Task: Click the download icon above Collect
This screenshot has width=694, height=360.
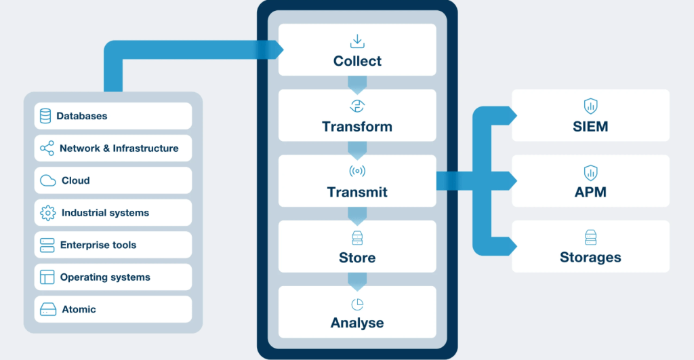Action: pyautogui.click(x=357, y=41)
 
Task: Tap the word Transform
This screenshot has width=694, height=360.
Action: pyautogui.click(x=357, y=127)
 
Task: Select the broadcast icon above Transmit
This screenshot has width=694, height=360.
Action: pyautogui.click(x=357, y=172)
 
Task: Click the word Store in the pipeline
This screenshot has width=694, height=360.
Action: pyautogui.click(x=357, y=258)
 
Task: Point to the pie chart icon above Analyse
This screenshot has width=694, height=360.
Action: pyautogui.click(x=357, y=303)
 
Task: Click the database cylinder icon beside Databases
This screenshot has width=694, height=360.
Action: pyautogui.click(x=45, y=116)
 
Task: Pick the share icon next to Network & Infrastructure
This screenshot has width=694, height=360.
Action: pyautogui.click(x=47, y=148)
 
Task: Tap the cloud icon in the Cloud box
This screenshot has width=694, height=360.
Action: pyautogui.click(x=48, y=180)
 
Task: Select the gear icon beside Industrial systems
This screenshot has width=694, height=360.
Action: pyautogui.click(x=47, y=213)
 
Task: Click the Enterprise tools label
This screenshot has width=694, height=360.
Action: pyautogui.click(x=98, y=245)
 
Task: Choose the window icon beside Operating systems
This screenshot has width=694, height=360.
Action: pyautogui.click(x=47, y=277)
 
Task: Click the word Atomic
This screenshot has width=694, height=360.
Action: pyautogui.click(x=79, y=309)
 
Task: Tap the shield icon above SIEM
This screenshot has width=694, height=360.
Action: pyautogui.click(x=590, y=106)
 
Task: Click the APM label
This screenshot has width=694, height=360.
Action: pyautogui.click(x=590, y=192)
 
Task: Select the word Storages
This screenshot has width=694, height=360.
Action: pyautogui.click(x=590, y=258)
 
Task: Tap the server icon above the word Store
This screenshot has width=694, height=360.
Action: pyautogui.click(x=357, y=237)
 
